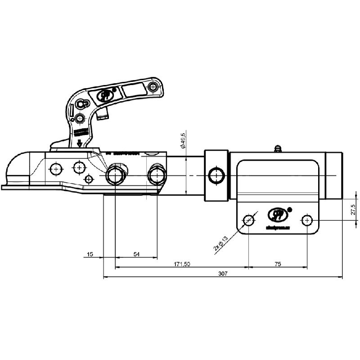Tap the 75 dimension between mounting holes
(x=277, y=264)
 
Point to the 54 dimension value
(x=136, y=255)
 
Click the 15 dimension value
(x=90, y=255)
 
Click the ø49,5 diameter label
(x=183, y=140)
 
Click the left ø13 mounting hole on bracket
(x=248, y=220)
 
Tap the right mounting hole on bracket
(x=307, y=220)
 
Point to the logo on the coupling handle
(x=106, y=95)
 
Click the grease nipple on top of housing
(x=278, y=148)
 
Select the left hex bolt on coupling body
(x=115, y=175)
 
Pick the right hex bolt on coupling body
(x=157, y=175)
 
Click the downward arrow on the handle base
(x=80, y=144)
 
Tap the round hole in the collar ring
(x=216, y=175)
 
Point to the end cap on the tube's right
(x=334, y=175)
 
